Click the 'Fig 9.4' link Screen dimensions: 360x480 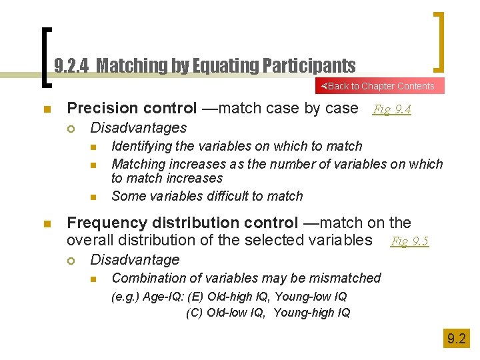(391, 109)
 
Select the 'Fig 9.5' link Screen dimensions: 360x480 (409, 241)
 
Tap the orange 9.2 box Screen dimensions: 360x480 (457, 339)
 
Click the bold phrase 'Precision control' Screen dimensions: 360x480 (132, 108)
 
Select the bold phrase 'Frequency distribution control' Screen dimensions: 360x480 (183, 223)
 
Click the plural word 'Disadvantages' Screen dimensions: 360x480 (139, 127)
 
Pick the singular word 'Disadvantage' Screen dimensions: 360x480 (135, 259)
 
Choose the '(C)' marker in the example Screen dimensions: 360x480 (195, 313)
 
